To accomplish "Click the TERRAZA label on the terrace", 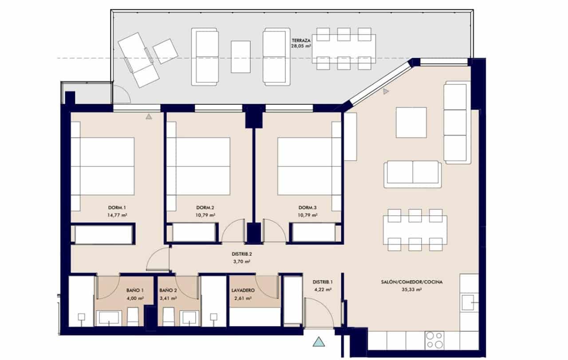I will point(300,40).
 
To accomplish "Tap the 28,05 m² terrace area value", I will point(300,45).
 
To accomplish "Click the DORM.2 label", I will point(205,208).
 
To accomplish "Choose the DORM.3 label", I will point(308,208).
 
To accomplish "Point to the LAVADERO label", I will point(242,291).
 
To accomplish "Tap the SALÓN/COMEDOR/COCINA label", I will point(411,282).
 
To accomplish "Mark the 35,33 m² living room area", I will point(411,289).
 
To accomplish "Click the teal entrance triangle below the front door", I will point(318,342).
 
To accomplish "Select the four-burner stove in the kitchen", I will point(434,340).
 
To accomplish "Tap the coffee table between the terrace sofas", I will point(241,57).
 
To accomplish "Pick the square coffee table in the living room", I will point(411,123).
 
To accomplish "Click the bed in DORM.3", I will point(305,166).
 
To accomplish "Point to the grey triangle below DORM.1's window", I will point(149,117).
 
